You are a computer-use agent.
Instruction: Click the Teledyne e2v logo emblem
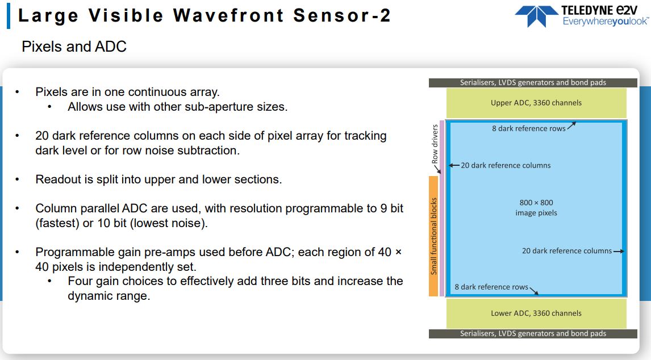tap(537, 16)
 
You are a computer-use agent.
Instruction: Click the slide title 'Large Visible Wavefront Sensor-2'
tap(205, 15)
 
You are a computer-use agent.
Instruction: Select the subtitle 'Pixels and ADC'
tap(74, 47)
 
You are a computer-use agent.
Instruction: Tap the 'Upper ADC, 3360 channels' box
tap(536, 103)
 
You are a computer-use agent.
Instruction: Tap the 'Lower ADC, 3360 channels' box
tap(536, 313)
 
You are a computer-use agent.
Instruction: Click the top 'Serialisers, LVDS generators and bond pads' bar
tap(533, 83)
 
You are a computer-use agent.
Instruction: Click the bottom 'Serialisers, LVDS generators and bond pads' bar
tap(533, 334)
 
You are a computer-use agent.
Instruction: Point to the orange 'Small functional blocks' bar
tap(433, 236)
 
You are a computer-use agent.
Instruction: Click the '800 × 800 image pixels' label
tap(536, 207)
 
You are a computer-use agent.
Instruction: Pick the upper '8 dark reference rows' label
tap(528, 128)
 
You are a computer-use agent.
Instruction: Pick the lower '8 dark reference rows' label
tap(491, 287)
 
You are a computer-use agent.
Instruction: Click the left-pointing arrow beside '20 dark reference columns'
tap(454, 165)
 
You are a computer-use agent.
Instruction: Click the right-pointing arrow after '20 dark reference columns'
tap(619, 251)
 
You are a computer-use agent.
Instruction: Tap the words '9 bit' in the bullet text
tap(392, 208)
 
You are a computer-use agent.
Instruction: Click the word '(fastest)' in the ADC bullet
tap(57, 223)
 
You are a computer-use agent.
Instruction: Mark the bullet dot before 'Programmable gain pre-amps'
tap(18, 252)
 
